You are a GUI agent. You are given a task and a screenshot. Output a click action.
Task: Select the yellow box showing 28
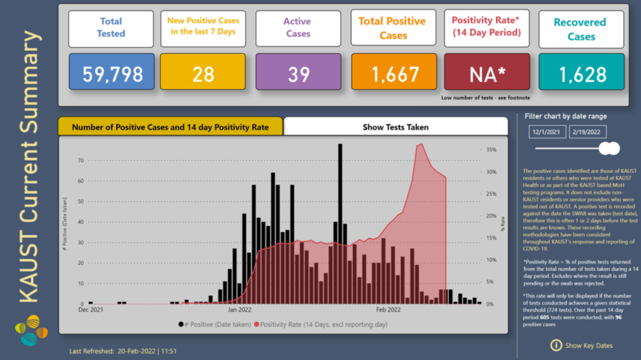[x=204, y=75]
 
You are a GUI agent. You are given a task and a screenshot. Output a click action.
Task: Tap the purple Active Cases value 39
[x=298, y=75]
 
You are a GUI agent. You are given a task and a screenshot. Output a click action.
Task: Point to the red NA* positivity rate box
[x=488, y=75]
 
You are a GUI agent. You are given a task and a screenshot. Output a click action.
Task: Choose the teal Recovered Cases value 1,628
[x=581, y=75]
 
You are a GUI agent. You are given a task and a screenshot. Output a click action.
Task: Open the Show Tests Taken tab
[x=396, y=127]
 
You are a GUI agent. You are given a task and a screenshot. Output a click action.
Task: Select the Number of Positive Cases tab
[x=170, y=127]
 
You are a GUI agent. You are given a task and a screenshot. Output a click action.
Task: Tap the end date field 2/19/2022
[x=588, y=131]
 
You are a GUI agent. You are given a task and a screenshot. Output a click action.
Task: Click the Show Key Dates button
[x=582, y=345]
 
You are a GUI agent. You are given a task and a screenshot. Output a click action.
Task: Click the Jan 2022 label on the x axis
[x=240, y=309]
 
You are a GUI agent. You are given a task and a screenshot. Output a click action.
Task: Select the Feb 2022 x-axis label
[x=388, y=309]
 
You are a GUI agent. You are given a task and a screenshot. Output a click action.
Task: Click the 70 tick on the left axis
[x=80, y=160]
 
